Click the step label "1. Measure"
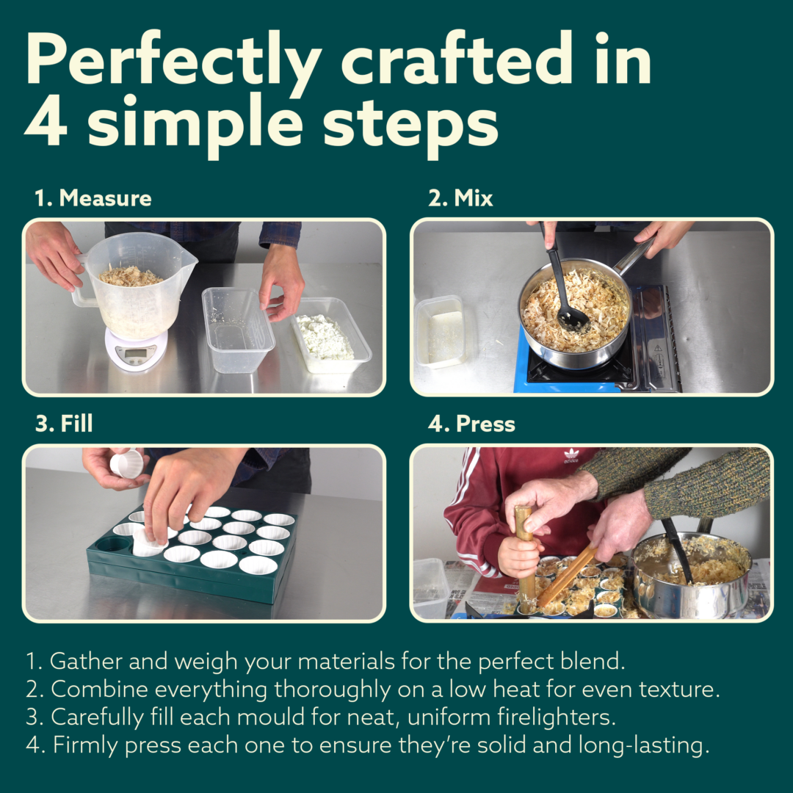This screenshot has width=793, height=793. [93, 198]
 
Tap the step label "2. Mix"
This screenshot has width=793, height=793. [460, 198]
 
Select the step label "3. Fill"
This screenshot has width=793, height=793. [64, 424]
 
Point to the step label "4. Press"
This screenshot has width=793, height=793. [471, 424]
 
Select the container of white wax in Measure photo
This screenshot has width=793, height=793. [331, 336]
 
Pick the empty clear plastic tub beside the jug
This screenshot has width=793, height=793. [237, 329]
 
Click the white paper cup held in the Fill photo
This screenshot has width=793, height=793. [127, 463]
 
